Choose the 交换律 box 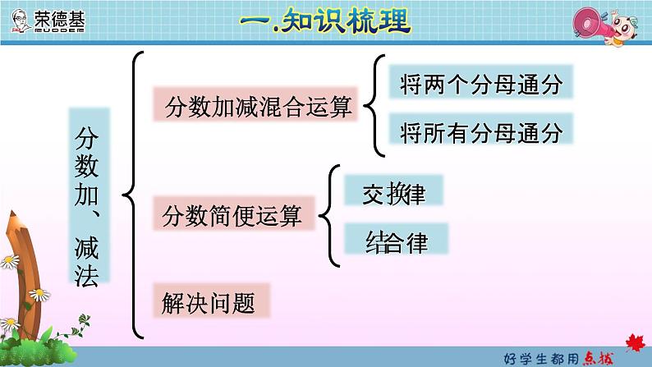(x=393, y=191)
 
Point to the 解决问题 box (x=210, y=302)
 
